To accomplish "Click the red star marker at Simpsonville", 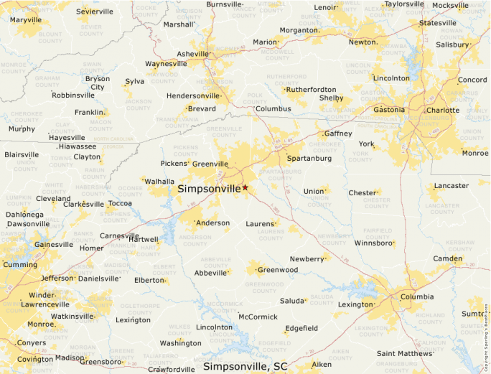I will tap(245, 187).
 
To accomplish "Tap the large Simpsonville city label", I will tap(209, 189).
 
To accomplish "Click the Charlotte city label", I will tap(442, 110).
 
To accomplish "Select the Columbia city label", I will tap(416, 296).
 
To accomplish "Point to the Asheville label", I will tap(192, 54).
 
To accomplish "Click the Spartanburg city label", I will tap(309, 158).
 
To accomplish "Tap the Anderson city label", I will tap(212, 223).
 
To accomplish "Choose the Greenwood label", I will tap(278, 270).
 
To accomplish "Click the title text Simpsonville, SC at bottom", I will tap(245, 366).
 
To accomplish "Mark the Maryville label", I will tap(26, 20).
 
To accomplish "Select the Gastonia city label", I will tap(388, 110).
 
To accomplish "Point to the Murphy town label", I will tap(22, 129).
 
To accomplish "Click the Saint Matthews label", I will tap(404, 352).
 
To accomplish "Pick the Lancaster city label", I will tap(452, 185).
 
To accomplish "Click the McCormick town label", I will tap(258, 317).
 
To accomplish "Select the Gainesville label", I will tap(53, 244).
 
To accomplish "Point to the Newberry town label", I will tap(307, 258).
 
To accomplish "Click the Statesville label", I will tap(437, 23).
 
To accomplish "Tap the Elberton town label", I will tap(149, 280).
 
